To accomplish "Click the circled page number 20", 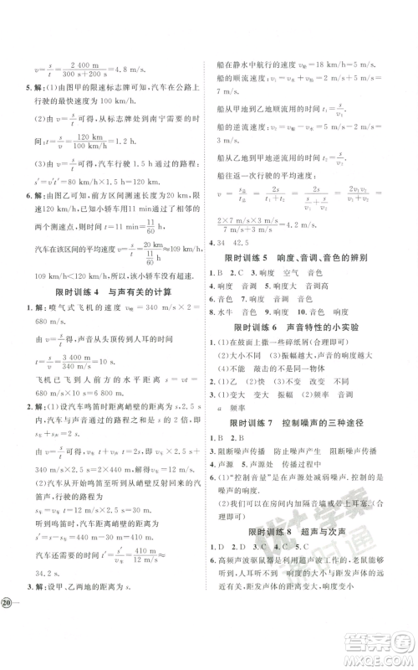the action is pyautogui.click(x=9, y=649).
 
